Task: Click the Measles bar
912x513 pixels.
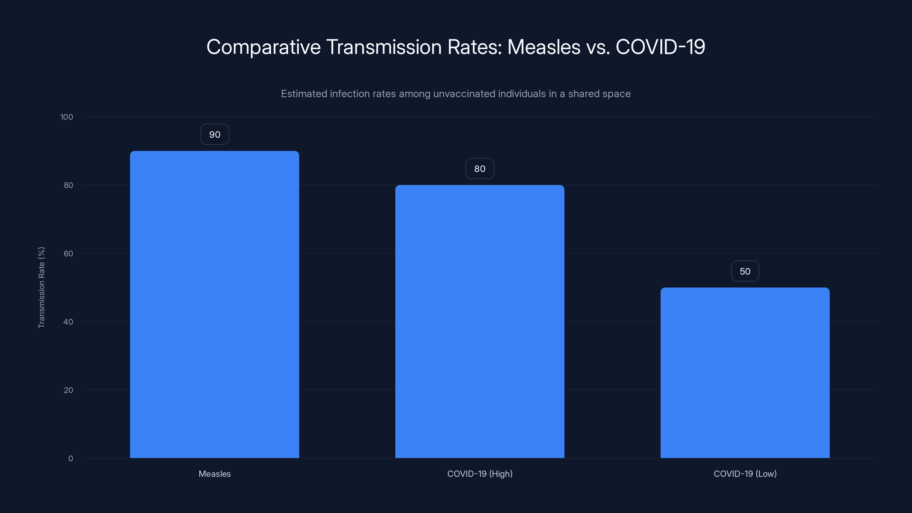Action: (x=214, y=304)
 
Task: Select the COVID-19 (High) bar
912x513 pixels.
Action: (x=479, y=321)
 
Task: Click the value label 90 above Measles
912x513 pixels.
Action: (x=215, y=135)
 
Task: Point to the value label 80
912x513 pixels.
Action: (x=479, y=169)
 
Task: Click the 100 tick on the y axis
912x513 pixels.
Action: (x=67, y=117)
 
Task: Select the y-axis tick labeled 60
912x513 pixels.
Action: (x=68, y=253)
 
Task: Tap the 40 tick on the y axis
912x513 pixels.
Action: (x=68, y=322)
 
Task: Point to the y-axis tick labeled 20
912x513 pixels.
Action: (x=68, y=390)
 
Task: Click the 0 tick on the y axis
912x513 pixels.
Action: (x=70, y=459)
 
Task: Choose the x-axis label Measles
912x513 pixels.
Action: (x=215, y=474)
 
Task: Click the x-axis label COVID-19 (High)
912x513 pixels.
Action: (x=479, y=474)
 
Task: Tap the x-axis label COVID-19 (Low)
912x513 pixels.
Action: (x=745, y=474)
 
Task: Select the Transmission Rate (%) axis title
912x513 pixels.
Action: (x=41, y=288)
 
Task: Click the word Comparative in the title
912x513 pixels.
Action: (x=263, y=47)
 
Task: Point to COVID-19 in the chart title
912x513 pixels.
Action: (x=660, y=47)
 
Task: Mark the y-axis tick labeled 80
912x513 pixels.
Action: (x=68, y=185)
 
